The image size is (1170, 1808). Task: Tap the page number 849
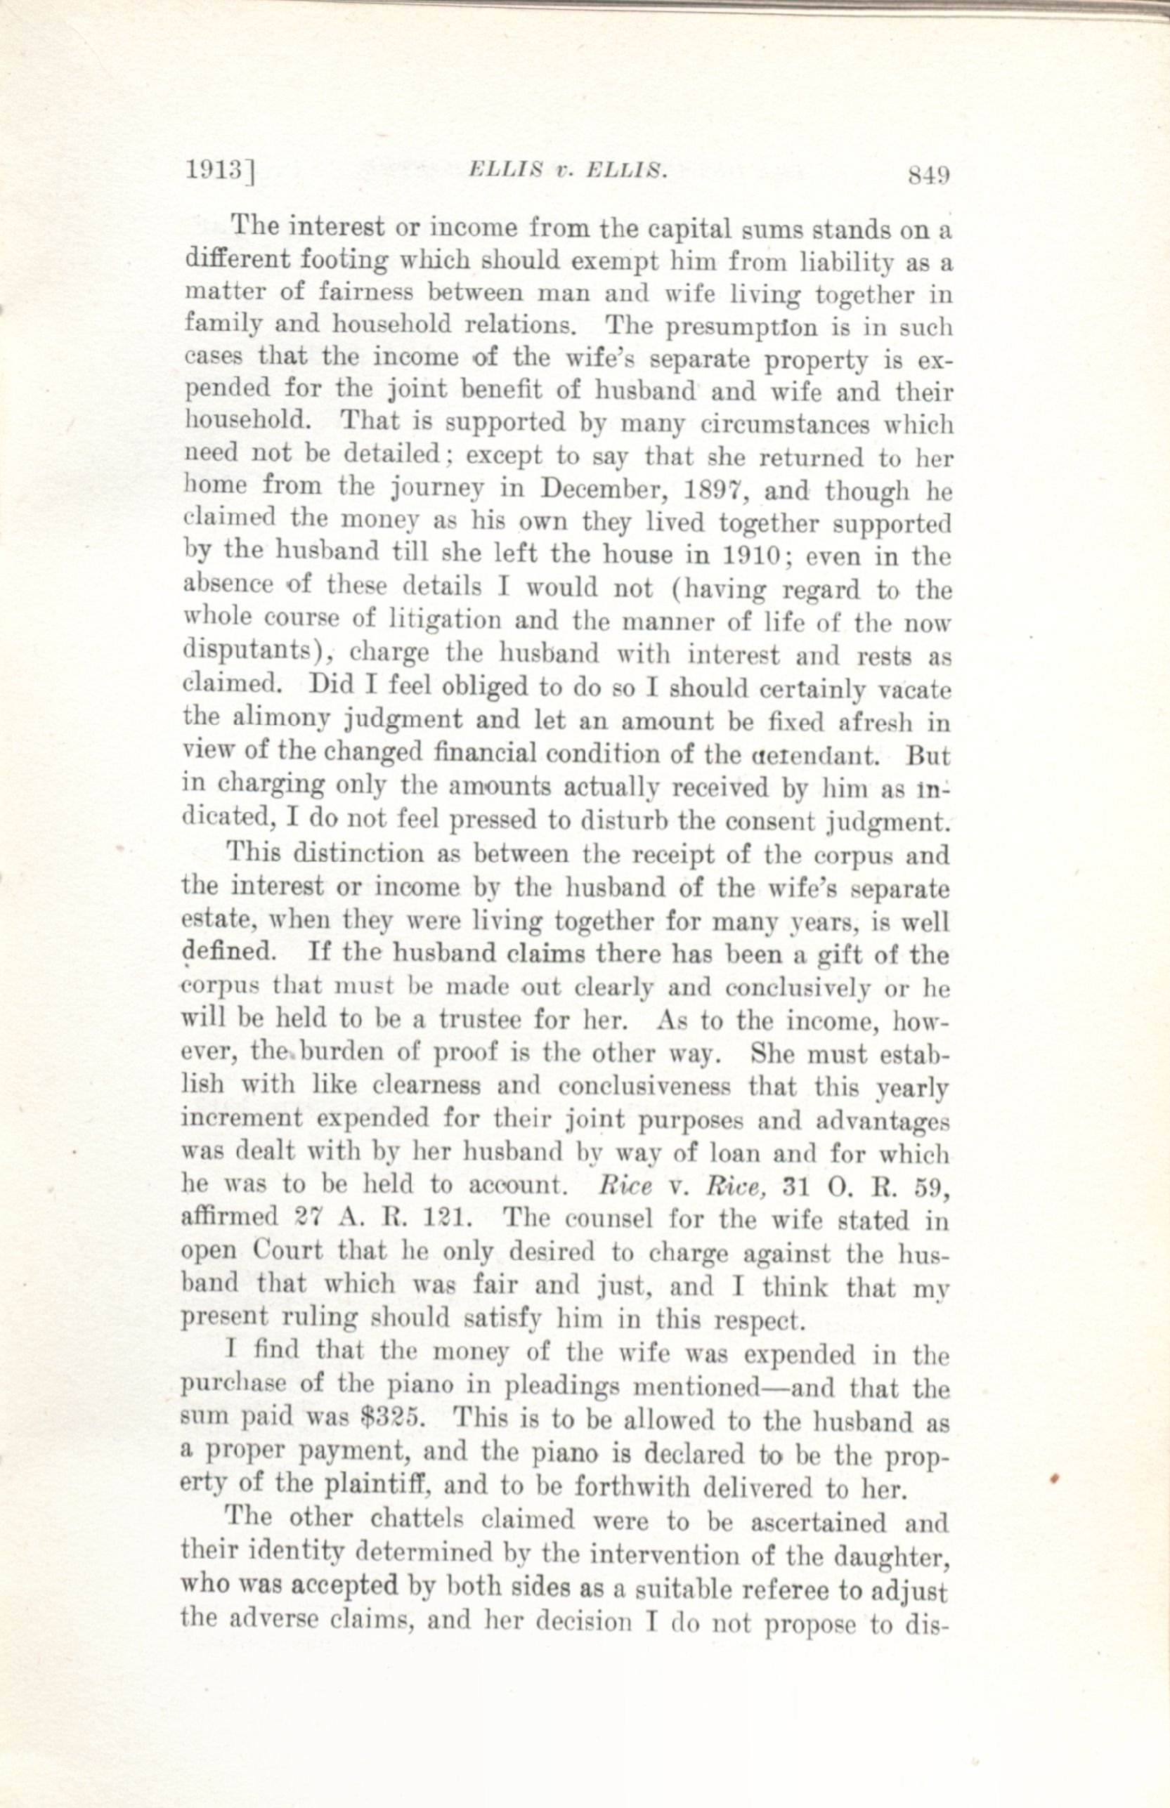[928, 176]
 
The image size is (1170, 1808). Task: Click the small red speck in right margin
[1054, 1479]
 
